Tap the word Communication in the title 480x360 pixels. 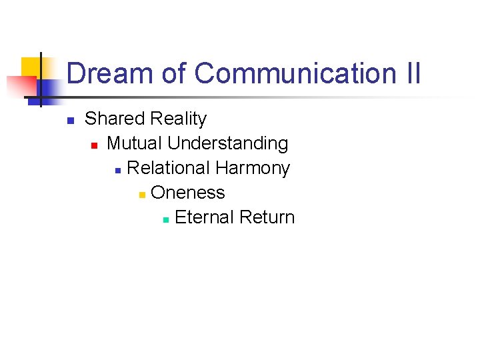click(295, 73)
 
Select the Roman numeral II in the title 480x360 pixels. click(413, 73)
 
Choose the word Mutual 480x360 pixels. click(135, 143)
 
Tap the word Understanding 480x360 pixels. click(228, 143)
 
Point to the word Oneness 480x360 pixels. click(188, 193)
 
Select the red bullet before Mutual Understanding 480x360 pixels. click(94, 145)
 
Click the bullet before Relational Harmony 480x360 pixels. click(117, 170)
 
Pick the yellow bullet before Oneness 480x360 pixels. click(141, 195)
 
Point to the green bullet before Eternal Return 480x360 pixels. click(165, 219)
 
